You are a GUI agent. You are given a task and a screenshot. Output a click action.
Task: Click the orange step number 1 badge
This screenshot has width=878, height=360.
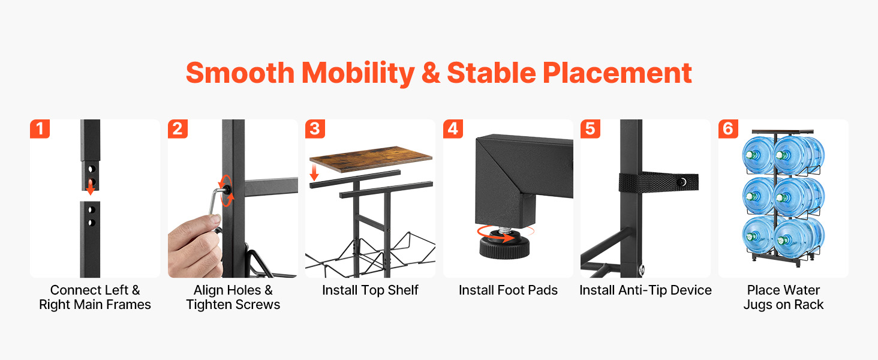[40, 129]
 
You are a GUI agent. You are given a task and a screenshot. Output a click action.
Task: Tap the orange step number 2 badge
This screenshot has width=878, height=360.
[178, 129]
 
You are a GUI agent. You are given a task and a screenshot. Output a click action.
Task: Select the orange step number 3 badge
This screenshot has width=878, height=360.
[315, 129]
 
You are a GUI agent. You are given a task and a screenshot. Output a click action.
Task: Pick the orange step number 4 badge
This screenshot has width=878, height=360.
[453, 129]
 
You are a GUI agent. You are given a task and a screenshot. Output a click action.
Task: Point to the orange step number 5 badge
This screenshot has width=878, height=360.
[591, 129]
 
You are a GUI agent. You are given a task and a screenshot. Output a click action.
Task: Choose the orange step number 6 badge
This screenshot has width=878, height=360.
[728, 129]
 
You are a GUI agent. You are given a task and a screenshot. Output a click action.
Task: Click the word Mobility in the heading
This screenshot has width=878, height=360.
[358, 74]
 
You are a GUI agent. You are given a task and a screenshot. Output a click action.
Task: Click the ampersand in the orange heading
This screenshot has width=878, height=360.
[431, 73]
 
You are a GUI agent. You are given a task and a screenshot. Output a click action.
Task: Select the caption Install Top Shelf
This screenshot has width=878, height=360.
[370, 290]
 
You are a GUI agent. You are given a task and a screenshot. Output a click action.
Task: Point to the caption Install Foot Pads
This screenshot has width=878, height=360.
[508, 290]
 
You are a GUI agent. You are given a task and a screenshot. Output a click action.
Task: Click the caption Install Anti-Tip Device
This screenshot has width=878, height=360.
[645, 290]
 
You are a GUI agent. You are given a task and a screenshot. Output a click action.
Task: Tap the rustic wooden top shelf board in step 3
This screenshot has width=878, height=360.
[371, 159]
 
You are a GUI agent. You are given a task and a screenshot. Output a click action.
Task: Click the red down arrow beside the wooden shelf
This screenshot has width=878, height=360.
[314, 173]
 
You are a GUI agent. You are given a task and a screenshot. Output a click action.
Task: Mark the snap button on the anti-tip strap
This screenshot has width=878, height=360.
[682, 182]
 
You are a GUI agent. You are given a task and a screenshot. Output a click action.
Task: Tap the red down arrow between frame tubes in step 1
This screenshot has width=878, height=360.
[91, 187]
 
